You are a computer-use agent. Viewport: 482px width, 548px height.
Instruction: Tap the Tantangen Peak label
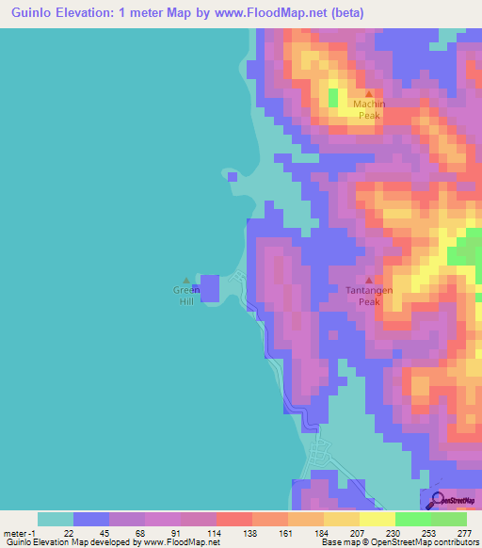368,296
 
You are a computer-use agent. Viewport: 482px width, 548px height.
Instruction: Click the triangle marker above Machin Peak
368,92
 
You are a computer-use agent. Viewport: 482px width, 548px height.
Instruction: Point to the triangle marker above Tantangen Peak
368,280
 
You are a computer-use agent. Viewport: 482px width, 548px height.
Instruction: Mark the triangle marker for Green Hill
185,279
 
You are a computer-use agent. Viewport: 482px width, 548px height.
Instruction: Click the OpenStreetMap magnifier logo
437,500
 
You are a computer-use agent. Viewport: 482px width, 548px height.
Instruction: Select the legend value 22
68,532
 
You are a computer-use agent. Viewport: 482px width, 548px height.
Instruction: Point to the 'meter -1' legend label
20,532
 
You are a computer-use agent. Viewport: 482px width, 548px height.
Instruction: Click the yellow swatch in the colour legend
378,519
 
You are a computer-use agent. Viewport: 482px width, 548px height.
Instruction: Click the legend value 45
104,532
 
